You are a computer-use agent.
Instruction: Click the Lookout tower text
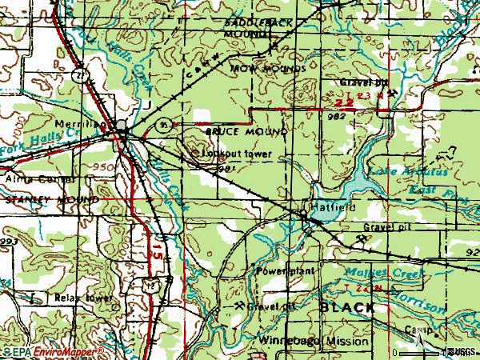(x=237, y=154)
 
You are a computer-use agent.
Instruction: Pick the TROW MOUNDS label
(x=268, y=70)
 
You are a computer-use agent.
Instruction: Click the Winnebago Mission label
(x=315, y=341)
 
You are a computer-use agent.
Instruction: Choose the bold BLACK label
(x=346, y=308)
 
